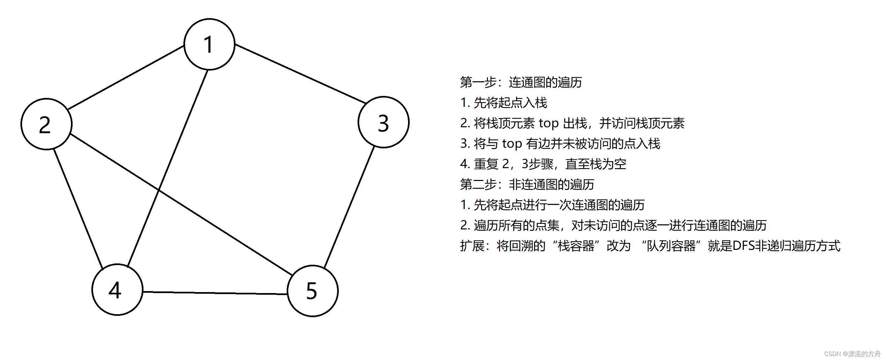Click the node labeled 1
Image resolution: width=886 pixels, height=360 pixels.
[209, 45]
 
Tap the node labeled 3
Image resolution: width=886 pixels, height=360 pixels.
[384, 122]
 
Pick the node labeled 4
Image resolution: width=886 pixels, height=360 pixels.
[117, 289]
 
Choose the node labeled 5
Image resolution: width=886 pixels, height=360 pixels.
[312, 291]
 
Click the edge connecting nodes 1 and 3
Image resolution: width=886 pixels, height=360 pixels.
[300, 74]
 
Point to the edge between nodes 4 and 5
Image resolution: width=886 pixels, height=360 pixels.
[215, 293]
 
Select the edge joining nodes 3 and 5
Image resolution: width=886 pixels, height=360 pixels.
[349, 206]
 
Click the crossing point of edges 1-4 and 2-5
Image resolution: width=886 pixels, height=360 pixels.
[159, 190]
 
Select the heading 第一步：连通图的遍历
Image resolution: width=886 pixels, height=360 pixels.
[521, 82]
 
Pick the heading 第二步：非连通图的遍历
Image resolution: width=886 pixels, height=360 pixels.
[527, 184]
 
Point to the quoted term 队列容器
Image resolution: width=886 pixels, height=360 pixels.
[671, 246]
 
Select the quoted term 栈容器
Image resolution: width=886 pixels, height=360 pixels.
[576, 246]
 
